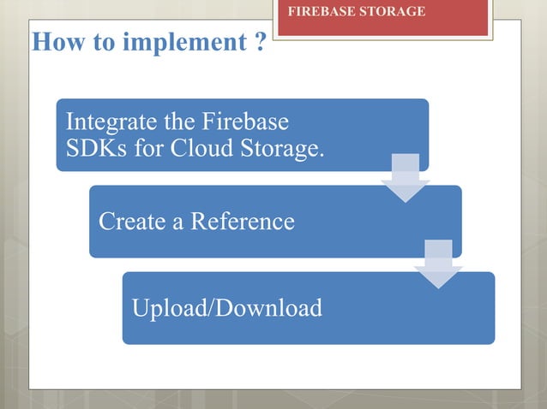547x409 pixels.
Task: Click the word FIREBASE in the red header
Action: click(318, 12)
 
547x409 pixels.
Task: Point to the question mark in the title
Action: click(259, 42)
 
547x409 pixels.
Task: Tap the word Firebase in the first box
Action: click(245, 122)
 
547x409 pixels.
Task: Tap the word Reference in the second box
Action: click(243, 222)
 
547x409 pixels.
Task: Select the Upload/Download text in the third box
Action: click(226, 307)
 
